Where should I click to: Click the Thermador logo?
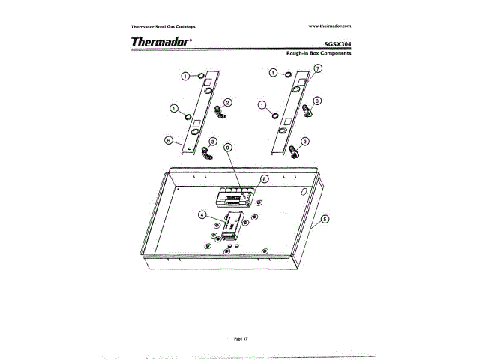pos(161,42)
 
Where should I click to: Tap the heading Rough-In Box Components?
pos(319,54)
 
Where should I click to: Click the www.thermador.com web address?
pos(330,26)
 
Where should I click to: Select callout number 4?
pos(202,214)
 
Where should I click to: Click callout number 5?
pos(325,220)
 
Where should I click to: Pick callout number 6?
pos(168,139)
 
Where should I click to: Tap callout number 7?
pos(318,68)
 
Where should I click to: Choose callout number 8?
pos(263,180)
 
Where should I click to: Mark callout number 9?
pos(227,148)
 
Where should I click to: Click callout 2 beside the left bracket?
pos(228,102)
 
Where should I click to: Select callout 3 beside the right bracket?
pos(317,100)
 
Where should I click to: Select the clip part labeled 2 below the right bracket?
pos(295,152)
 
